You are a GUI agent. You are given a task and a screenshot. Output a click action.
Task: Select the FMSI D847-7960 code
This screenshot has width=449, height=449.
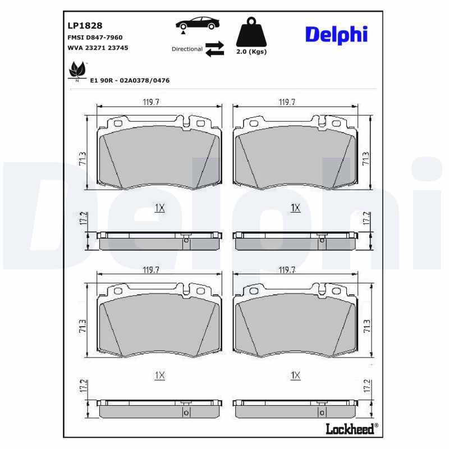click(x=95, y=37)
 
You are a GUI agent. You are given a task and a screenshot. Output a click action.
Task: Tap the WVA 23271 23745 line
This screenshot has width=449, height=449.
click(x=98, y=48)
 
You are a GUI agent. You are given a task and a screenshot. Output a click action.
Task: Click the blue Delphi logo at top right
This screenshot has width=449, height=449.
click(x=336, y=34)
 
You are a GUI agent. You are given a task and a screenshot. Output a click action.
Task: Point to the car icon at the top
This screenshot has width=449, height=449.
click(x=197, y=24)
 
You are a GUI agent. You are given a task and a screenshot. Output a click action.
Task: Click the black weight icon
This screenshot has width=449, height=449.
click(x=251, y=33)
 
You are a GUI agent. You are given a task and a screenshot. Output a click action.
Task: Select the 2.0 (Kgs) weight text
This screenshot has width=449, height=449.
click(x=251, y=52)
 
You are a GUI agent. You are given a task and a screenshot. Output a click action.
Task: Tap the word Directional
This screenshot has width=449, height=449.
click(x=187, y=49)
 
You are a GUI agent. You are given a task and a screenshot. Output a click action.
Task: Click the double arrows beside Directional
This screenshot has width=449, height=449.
click(x=214, y=49)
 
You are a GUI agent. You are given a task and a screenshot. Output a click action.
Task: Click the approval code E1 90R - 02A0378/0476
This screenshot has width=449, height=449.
click(x=130, y=80)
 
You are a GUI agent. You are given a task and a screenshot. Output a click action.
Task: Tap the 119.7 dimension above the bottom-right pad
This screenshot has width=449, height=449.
click(x=287, y=270)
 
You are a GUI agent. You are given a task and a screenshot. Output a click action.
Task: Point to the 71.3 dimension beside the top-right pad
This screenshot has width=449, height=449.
click(x=366, y=159)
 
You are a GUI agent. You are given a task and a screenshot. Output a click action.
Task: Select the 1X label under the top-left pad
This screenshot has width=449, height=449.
click(x=159, y=208)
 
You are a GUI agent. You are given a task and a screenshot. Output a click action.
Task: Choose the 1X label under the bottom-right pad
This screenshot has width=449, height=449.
click(x=296, y=375)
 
